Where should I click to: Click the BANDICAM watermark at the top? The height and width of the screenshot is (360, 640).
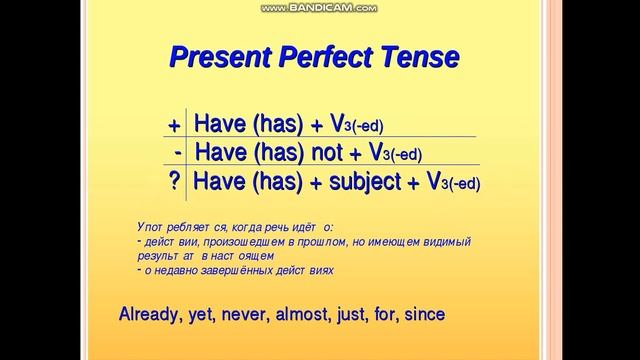[319, 8]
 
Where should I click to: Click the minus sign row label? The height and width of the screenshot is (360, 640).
[177, 153]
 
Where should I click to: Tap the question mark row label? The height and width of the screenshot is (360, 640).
[175, 183]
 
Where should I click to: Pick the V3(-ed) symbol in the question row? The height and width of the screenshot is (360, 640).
[452, 183]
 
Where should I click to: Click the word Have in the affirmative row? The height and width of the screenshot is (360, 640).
[218, 124]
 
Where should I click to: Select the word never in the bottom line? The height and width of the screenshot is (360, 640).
[255, 315]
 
